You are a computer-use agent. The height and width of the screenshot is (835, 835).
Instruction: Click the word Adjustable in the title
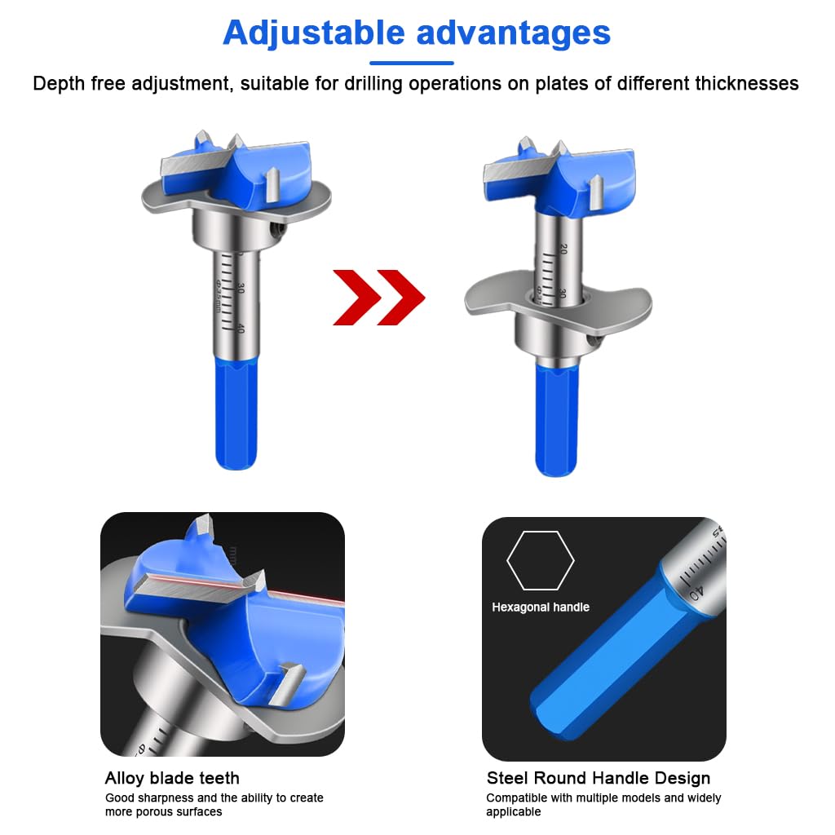tap(313, 33)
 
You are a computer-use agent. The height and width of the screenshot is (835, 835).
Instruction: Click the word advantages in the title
tap(513, 33)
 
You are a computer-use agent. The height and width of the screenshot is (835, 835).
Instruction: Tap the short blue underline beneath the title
tap(411, 63)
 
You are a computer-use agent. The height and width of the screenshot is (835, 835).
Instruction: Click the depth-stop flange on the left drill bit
tap(163, 200)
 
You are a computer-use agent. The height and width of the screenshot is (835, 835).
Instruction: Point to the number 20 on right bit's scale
tap(563, 248)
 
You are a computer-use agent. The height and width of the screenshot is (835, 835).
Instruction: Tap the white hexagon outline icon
tap(540, 560)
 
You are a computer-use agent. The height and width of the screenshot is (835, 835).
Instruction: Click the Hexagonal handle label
tap(540, 607)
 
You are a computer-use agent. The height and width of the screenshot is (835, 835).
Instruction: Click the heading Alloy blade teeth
tap(172, 778)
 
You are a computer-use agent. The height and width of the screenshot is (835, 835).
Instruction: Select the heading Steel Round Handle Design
tap(598, 778)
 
